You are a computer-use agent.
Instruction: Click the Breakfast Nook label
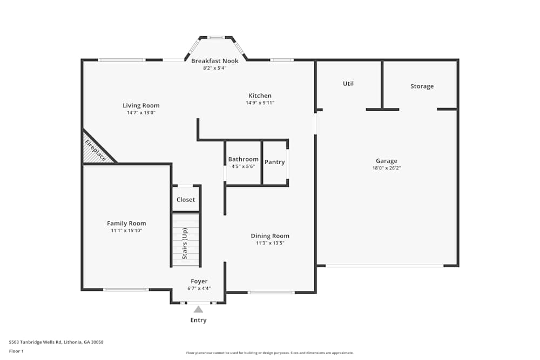tap(214, 61)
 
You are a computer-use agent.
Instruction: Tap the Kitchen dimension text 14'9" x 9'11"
tap(260, 103)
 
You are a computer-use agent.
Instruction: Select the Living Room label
tap(141, 106)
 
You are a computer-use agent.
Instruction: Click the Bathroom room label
tap(243, 159)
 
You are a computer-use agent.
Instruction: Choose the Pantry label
tap(274, 162)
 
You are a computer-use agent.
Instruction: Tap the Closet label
tap(186, 200)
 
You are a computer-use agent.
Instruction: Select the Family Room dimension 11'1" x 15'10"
tap(126, 230)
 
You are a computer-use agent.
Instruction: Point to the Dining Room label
tap(270, 236)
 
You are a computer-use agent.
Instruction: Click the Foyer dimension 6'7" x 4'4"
tap(199, 288)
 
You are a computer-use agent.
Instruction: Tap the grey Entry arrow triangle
tap(198, 309)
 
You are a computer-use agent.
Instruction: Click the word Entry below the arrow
tap(198, 320)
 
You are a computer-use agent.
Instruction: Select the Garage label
tap(387, 161)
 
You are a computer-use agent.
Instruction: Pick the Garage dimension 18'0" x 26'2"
tap(387, 168)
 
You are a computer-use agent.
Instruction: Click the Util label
tap(348, 84)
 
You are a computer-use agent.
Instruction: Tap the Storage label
tap(422, 86)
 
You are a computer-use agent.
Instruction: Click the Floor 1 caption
tap(16, 351)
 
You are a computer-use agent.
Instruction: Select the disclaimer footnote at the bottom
tap(270, 353)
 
